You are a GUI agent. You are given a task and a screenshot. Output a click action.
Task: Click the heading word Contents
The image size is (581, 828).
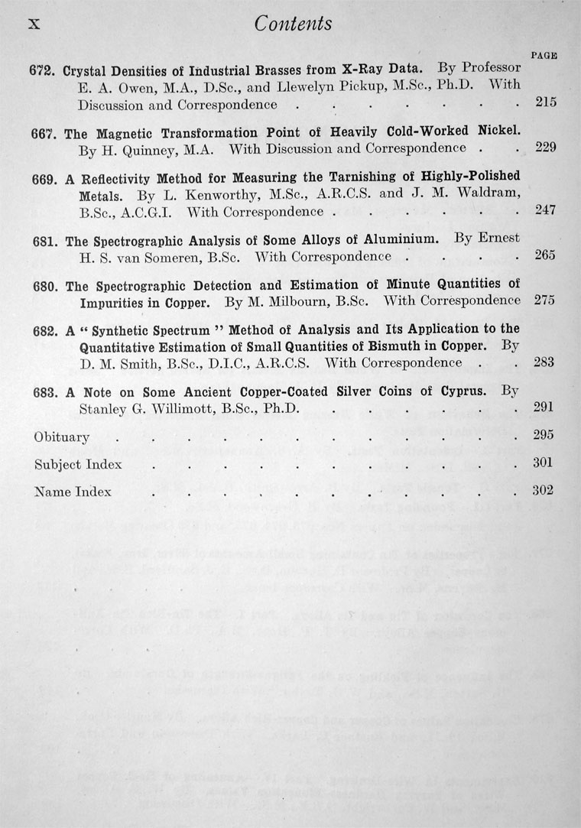294,24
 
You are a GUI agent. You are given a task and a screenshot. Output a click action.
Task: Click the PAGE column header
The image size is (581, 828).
543,55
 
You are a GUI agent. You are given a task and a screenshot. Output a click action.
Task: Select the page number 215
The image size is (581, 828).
545,102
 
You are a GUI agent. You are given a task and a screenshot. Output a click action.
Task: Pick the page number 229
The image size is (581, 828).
545,148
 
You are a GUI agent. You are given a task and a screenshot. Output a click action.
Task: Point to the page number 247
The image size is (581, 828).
545,210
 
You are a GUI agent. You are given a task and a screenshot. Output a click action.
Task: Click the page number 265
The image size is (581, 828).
545,255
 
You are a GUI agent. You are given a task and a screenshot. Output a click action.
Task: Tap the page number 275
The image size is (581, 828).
545,300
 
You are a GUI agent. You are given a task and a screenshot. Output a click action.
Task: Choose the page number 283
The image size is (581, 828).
545,362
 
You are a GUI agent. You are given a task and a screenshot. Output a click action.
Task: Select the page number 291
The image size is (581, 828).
544,408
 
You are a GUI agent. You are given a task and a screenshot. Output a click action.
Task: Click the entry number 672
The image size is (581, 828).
42,70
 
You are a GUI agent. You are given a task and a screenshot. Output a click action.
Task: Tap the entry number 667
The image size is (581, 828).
42,132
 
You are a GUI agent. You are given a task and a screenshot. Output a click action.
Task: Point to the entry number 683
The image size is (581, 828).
43,392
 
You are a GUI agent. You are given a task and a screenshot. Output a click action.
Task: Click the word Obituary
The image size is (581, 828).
62,438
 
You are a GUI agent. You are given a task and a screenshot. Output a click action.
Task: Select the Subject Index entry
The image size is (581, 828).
78,465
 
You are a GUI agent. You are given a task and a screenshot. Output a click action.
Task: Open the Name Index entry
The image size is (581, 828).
73,492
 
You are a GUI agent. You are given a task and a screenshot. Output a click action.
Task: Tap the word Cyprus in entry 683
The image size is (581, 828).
460,391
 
